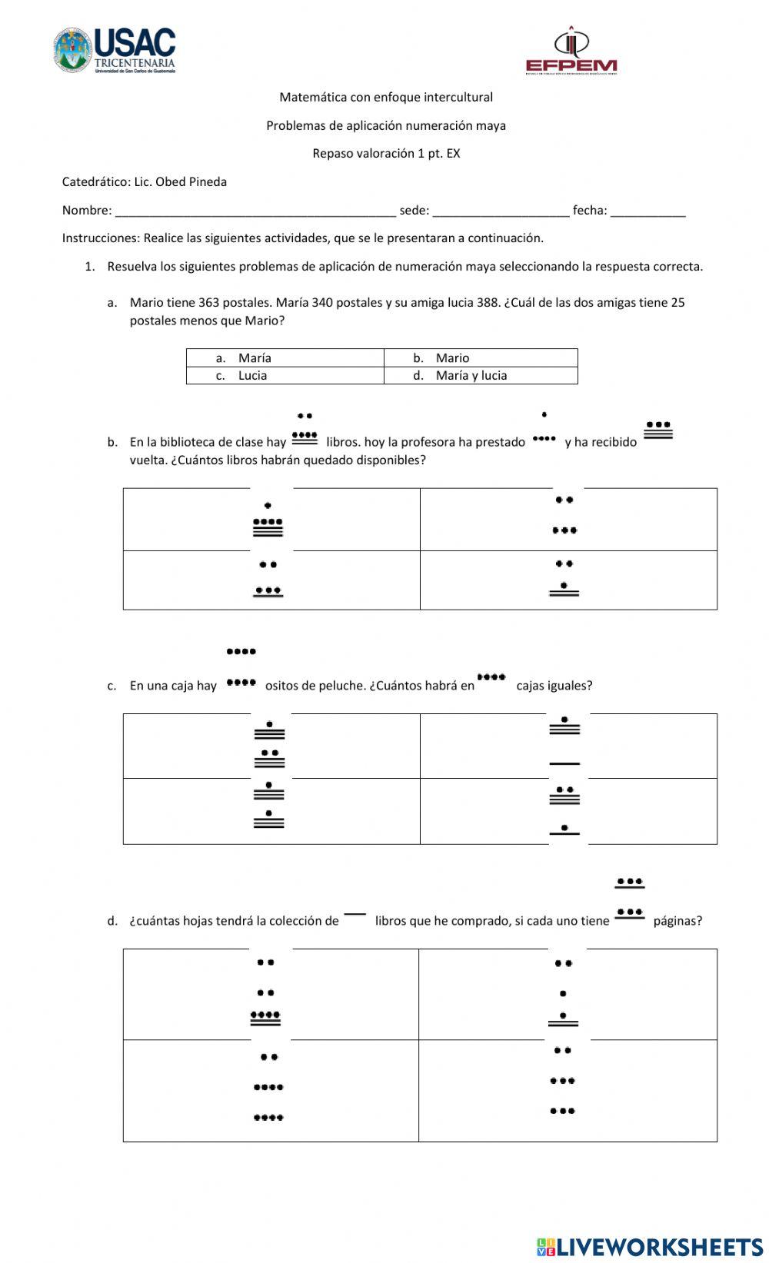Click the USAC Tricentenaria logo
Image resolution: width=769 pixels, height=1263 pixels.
(x=115, y=51)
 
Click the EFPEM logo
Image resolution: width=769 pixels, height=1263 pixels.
(x=571, y=52)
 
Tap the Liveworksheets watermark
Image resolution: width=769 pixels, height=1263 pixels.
(x=650, y=1246)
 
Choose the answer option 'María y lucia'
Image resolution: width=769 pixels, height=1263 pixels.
(x=471, y=376)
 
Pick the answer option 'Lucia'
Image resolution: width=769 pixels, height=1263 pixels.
(x=252, y=376)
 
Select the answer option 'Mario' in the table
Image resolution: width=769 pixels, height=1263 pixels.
(x=452, y=358)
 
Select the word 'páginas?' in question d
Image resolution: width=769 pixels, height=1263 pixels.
(x=677, y=921)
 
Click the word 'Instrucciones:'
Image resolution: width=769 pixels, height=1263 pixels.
(x=101, y=238)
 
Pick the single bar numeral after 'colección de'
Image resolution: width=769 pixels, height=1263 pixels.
(x=355, y=915)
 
